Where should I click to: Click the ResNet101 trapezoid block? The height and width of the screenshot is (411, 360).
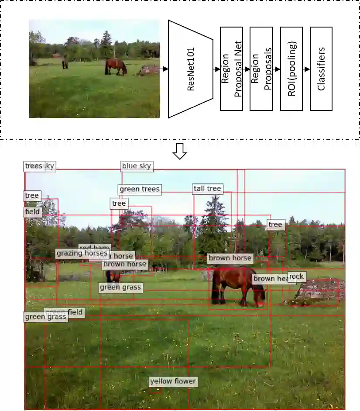coord(190,69)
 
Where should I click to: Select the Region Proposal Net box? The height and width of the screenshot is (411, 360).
coord(231,69)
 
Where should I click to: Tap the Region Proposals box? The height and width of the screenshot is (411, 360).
coord(261,69)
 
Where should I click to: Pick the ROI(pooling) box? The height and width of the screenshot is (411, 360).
coord(291,69)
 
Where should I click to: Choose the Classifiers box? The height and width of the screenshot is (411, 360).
coord(321,69)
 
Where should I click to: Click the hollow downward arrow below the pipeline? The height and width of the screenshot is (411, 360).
coord(180,151)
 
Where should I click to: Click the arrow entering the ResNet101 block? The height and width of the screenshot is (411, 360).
coord(164,69)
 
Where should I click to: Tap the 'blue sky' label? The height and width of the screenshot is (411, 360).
coord(136,166)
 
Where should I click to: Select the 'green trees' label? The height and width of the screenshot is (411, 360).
coord(140,189)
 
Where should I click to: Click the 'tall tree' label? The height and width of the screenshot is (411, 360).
coord(208,189)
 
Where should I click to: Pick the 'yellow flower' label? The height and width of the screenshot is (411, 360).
coord(173,381)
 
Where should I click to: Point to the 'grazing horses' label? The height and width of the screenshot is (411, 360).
coord(82,253)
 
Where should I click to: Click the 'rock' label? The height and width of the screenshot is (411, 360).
coord(296,276)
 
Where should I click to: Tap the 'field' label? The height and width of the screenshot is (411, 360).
coord(32,212)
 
